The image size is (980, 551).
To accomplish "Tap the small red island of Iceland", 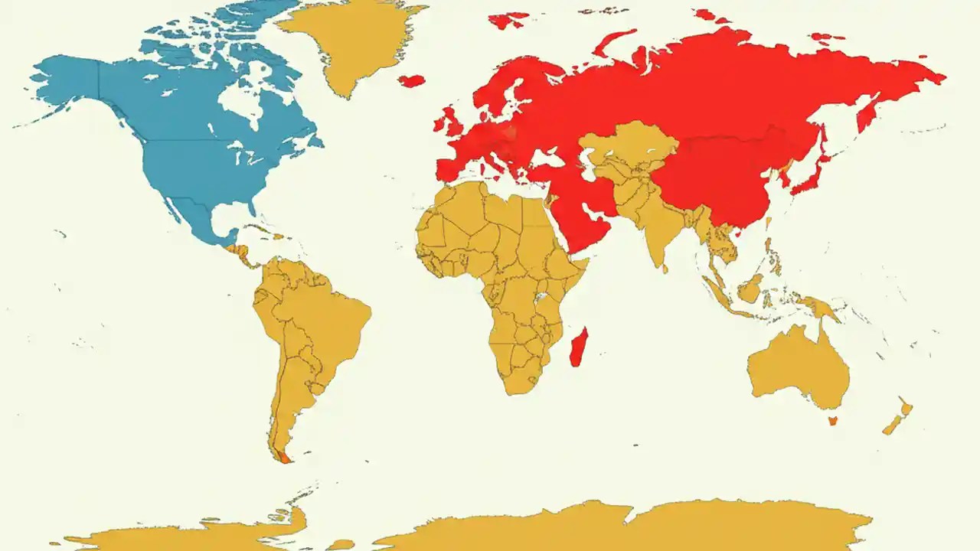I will [412, 80].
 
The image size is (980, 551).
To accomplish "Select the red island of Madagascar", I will [580, 347].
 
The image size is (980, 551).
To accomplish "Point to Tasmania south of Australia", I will [833, 419].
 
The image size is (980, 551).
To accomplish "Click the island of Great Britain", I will [452, 122].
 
